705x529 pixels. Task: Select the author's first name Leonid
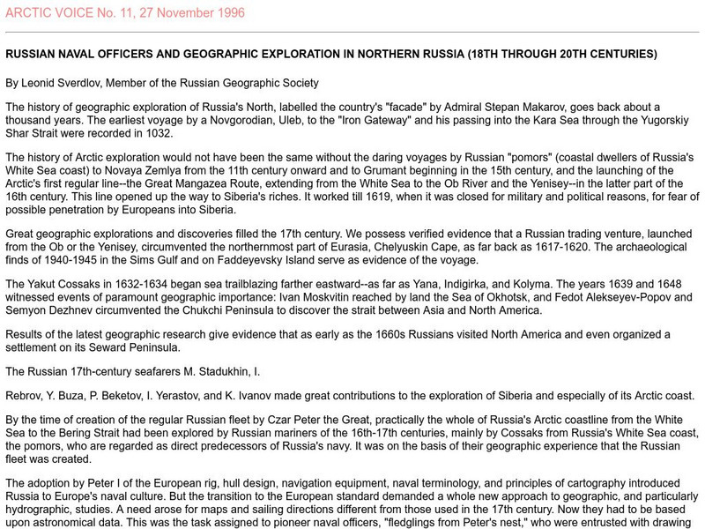(38, 84)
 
